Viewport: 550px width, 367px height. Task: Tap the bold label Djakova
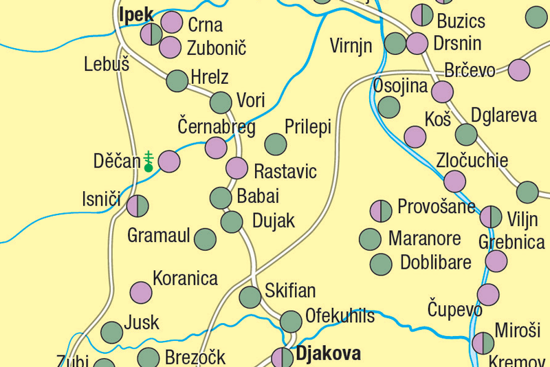pos(328,354)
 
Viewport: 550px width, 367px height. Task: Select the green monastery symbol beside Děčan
pos(148,161)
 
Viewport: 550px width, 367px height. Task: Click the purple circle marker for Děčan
pos(169,162)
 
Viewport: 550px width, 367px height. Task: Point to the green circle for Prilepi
pos(276,144)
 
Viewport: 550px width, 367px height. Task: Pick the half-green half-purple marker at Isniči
pos(137,205)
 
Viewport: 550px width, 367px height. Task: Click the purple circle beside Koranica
pos(141,293)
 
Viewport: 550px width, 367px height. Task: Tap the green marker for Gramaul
pos(205,239)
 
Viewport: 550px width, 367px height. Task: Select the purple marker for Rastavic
pos(236,168)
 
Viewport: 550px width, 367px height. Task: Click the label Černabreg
pos(217,127)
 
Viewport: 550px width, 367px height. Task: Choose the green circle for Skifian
pos(250,297)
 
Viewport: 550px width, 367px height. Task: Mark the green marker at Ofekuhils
pos(291,321)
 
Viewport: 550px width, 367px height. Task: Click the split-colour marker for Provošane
pos(381,211)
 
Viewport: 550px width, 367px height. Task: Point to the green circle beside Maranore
pos(370,239)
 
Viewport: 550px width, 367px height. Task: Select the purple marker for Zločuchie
pos(454,181)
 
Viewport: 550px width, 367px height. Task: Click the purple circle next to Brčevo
pos(519,70)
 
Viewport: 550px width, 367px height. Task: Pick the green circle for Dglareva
pos(466,134)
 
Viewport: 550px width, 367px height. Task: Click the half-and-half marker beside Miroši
pos(483,343)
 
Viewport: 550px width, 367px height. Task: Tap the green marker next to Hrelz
pos(177,80)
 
